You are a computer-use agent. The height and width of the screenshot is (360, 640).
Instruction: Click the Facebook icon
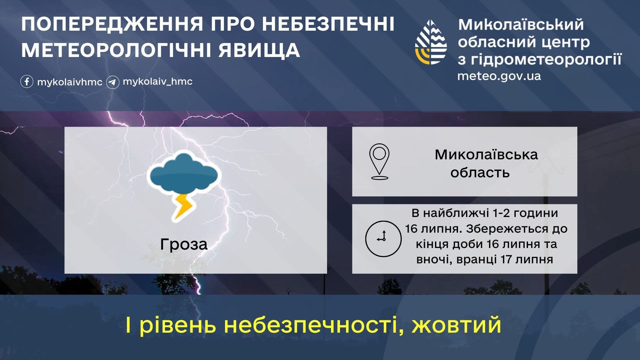(27, 82)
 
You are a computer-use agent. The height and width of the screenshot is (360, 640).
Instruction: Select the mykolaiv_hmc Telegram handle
(158, 82)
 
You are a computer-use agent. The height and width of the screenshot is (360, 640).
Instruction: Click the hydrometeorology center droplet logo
(431, 42)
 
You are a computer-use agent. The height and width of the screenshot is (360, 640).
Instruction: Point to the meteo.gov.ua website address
(499, 76)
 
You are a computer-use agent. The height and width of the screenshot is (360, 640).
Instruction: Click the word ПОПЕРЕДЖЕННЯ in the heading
(112, 24)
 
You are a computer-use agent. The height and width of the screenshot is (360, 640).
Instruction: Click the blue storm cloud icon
(184, 174)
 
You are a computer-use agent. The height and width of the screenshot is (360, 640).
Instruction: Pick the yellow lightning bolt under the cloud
(183, 207)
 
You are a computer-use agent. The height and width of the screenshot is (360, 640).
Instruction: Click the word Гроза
(184, 244)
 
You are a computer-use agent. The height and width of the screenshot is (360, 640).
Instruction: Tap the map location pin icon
(379, 161)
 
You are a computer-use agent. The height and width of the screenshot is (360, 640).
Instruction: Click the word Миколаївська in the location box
(486, 155)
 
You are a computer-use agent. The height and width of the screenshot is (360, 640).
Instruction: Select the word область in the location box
(480, 173)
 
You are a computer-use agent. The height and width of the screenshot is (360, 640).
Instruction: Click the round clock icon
(383, 239)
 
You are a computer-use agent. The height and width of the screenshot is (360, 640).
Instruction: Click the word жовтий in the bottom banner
(456, 325)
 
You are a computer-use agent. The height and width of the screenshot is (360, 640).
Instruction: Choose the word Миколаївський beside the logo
(521, 25)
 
